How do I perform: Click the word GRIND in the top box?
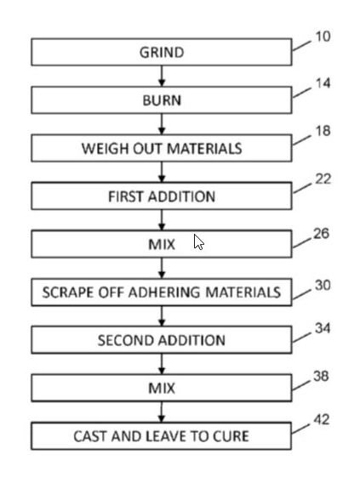pos(162,53)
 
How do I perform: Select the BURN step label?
pos(162,100)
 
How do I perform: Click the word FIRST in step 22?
pos(126,196)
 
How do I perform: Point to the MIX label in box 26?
pos(162,245)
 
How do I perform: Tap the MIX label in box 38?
pos(162,388)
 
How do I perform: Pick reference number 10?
pos(323,37)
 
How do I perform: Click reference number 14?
pos(323,83)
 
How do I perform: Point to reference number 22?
pos(323,179)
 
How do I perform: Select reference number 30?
pos(323,285)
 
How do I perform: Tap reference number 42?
pos(322,419)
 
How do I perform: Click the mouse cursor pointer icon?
pos(199,242)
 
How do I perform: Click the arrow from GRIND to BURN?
pos(162,76)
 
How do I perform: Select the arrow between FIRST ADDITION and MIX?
pos(162,220)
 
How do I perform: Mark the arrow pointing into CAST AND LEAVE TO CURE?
pos(161,412)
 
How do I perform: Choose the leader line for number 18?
pos(302,140)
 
